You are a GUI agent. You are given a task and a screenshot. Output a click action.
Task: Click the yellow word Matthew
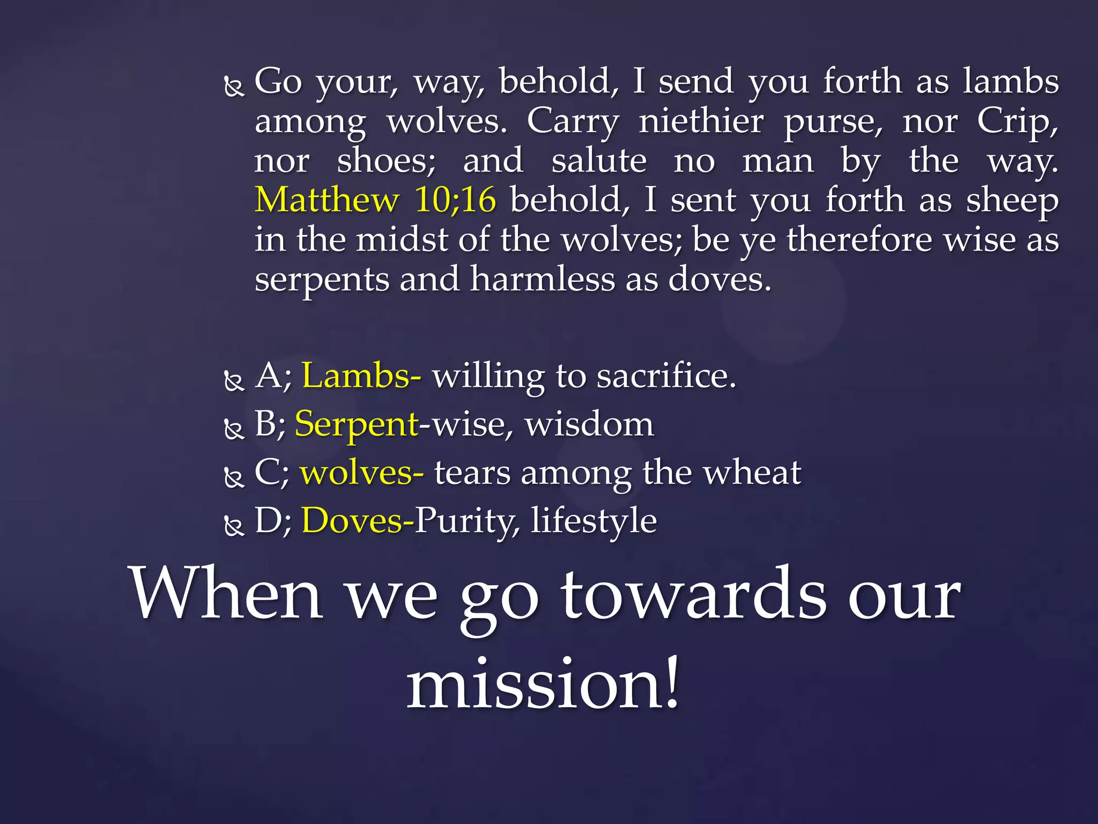pyautogui.click(x=327, y=200)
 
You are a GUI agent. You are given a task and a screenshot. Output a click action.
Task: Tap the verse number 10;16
pyautogui.click(x=455, y=200)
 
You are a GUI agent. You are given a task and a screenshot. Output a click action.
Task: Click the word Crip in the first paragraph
pyautogui.click(x=1016, y=122)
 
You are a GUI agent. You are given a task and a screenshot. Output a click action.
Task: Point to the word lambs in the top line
pyautogui.click(x=1011, y=82)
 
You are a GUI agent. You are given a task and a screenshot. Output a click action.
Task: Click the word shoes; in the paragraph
pyautogui.click(x=386, y=161)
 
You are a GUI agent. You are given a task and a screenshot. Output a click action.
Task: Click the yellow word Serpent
pyautogui.click(x=357, y=425)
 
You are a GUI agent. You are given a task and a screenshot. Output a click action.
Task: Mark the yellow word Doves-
pyautogui.click(x=358, y=520)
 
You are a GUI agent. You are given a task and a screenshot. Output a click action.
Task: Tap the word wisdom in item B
pyautogui.click(x=590, y=425)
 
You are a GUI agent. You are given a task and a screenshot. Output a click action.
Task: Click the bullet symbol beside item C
pyautogui.click(x=234, y=477)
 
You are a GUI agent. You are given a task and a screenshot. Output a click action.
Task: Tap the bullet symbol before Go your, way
pyautogui.click(x=234, y=86)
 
